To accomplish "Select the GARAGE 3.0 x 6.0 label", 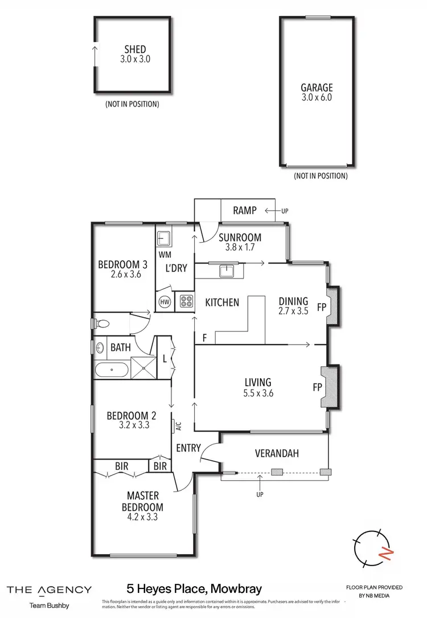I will tap(317, 88).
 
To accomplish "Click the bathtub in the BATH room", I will tap(112, 371).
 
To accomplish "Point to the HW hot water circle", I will tap(165, 301).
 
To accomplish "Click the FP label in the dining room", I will tap(322, 308).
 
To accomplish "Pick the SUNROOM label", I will tap(240, 238).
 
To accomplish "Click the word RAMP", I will tap(245, 211).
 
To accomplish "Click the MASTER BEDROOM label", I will tap(142, 501).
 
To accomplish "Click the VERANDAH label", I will tap(276, 453).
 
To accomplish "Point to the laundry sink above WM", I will tap(164, 237).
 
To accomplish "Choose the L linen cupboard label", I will tap(165, 359).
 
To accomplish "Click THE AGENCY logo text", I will tap(48, 590).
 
